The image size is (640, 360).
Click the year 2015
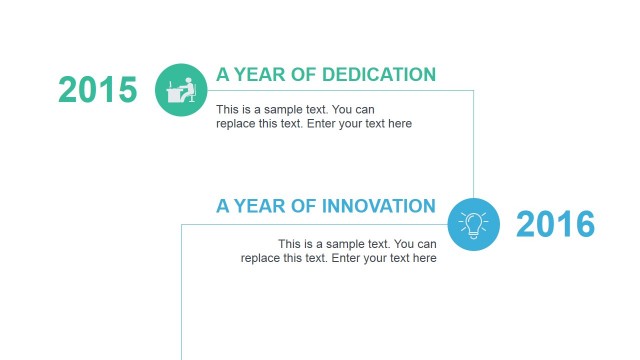98,90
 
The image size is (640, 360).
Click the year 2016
555,225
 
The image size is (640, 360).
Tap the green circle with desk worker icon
181,90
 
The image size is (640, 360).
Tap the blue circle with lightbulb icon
473,224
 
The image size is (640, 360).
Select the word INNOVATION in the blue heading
379,207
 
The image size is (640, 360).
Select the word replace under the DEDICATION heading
236,124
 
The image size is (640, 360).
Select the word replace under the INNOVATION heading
261,259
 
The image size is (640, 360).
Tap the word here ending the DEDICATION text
399,124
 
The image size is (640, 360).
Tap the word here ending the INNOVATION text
424,259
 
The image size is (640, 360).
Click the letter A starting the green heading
223,74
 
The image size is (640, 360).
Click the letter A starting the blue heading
223,207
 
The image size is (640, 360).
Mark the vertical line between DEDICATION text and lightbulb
474,140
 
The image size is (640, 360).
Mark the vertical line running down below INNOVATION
181,300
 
